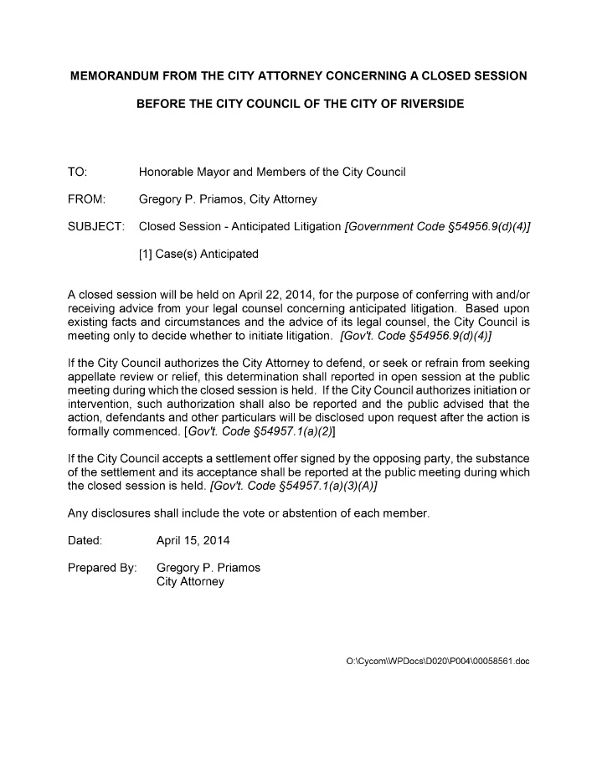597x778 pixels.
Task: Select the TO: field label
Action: pos(77,173)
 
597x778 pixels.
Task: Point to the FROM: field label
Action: pos(85,199)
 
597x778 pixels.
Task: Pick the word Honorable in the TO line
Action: pos(166,173)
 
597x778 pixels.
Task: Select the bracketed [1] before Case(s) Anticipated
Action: pos(145,253)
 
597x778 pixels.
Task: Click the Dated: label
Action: pos(85,540)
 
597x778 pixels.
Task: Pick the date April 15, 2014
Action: pos(193,540)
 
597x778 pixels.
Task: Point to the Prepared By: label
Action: pos(101,568)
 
